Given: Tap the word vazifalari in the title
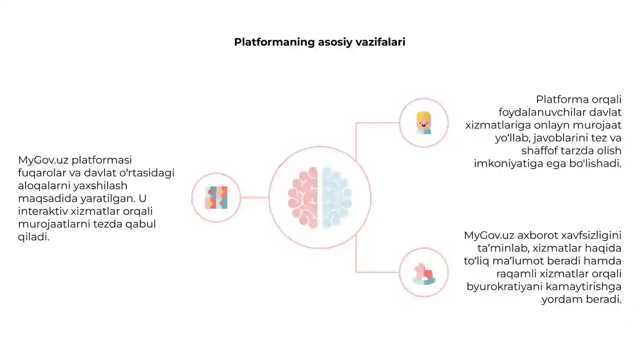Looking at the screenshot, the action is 380,42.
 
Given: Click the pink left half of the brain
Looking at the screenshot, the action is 303,198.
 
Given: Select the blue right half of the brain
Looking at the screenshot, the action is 337,198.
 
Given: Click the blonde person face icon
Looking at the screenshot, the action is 424,123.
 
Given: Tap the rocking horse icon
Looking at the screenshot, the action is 424,274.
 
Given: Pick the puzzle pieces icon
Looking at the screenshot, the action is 216,198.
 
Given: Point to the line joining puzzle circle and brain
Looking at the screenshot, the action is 254,198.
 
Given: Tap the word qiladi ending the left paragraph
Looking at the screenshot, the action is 34,237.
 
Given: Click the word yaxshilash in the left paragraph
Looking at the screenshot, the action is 100,186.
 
